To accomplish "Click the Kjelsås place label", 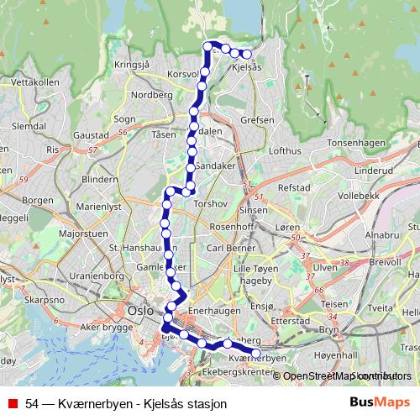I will (245, 67).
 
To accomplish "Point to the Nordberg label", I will (152, 95).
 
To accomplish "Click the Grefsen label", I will (257, 120).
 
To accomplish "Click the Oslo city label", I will (140, 308).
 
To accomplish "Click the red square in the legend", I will (12, 403).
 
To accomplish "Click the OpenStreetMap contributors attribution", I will (346, 375).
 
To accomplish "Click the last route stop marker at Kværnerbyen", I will (256, 354).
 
